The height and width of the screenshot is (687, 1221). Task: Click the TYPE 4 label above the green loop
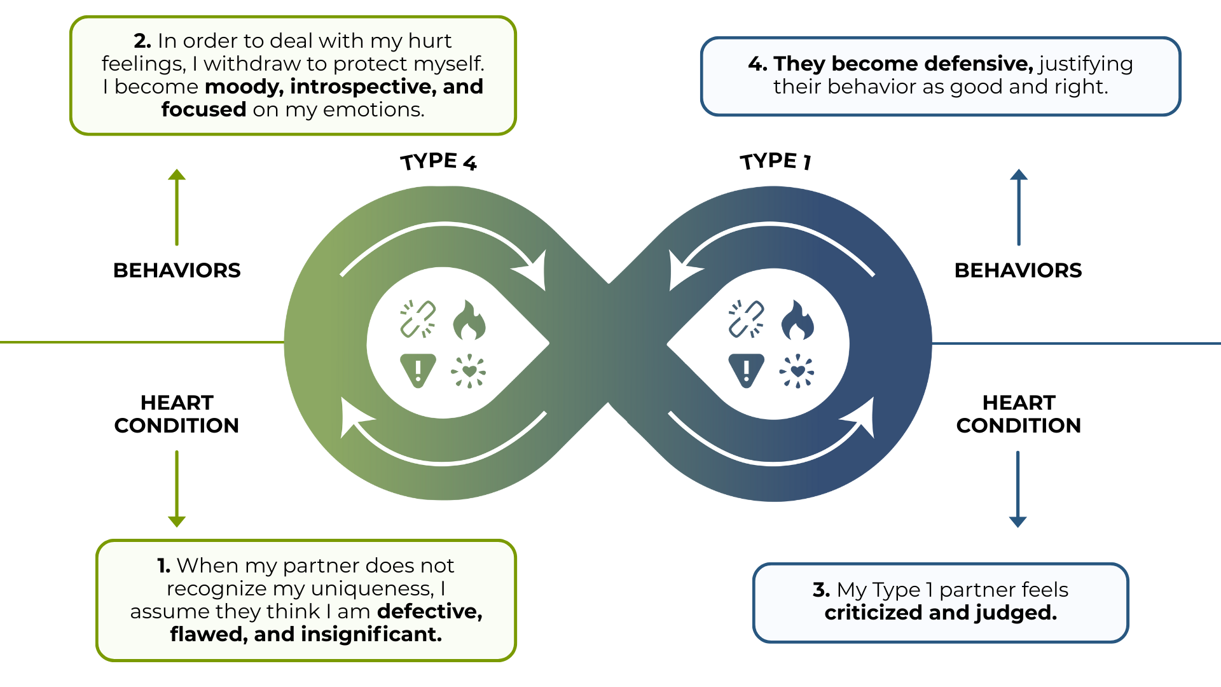tap(438, 162)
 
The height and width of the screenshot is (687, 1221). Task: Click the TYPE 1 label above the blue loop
tap(775, 161)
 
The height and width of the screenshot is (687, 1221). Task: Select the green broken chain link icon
tap(418, 319)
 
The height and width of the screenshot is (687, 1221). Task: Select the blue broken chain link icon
tap(746, 319)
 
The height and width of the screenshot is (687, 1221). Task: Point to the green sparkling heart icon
tap(469, 371)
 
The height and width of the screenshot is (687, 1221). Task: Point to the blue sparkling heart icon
tap(797, 371)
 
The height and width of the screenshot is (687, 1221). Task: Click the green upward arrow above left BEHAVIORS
tap(177, 207)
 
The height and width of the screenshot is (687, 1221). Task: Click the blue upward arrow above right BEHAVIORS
tap(1019, 207)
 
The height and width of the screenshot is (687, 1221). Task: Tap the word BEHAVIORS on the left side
tap(177, 270)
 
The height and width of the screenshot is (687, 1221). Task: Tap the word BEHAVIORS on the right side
tap(1018, 270)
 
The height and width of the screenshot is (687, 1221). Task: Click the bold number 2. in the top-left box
tap(142, 41)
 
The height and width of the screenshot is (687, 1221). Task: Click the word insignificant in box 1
tap(371, 634)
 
